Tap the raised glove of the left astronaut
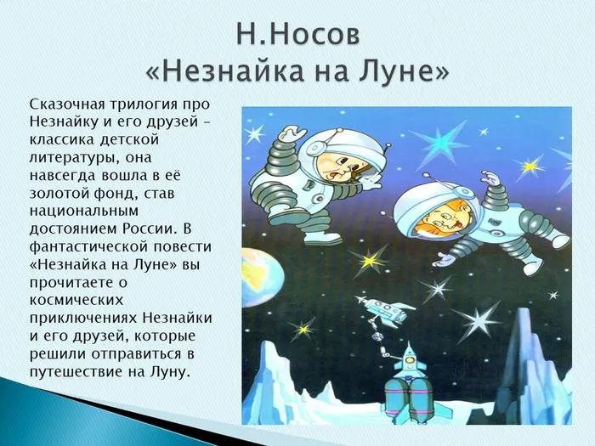click(x=292, y=134)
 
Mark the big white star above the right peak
click(x=477, y=320)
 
